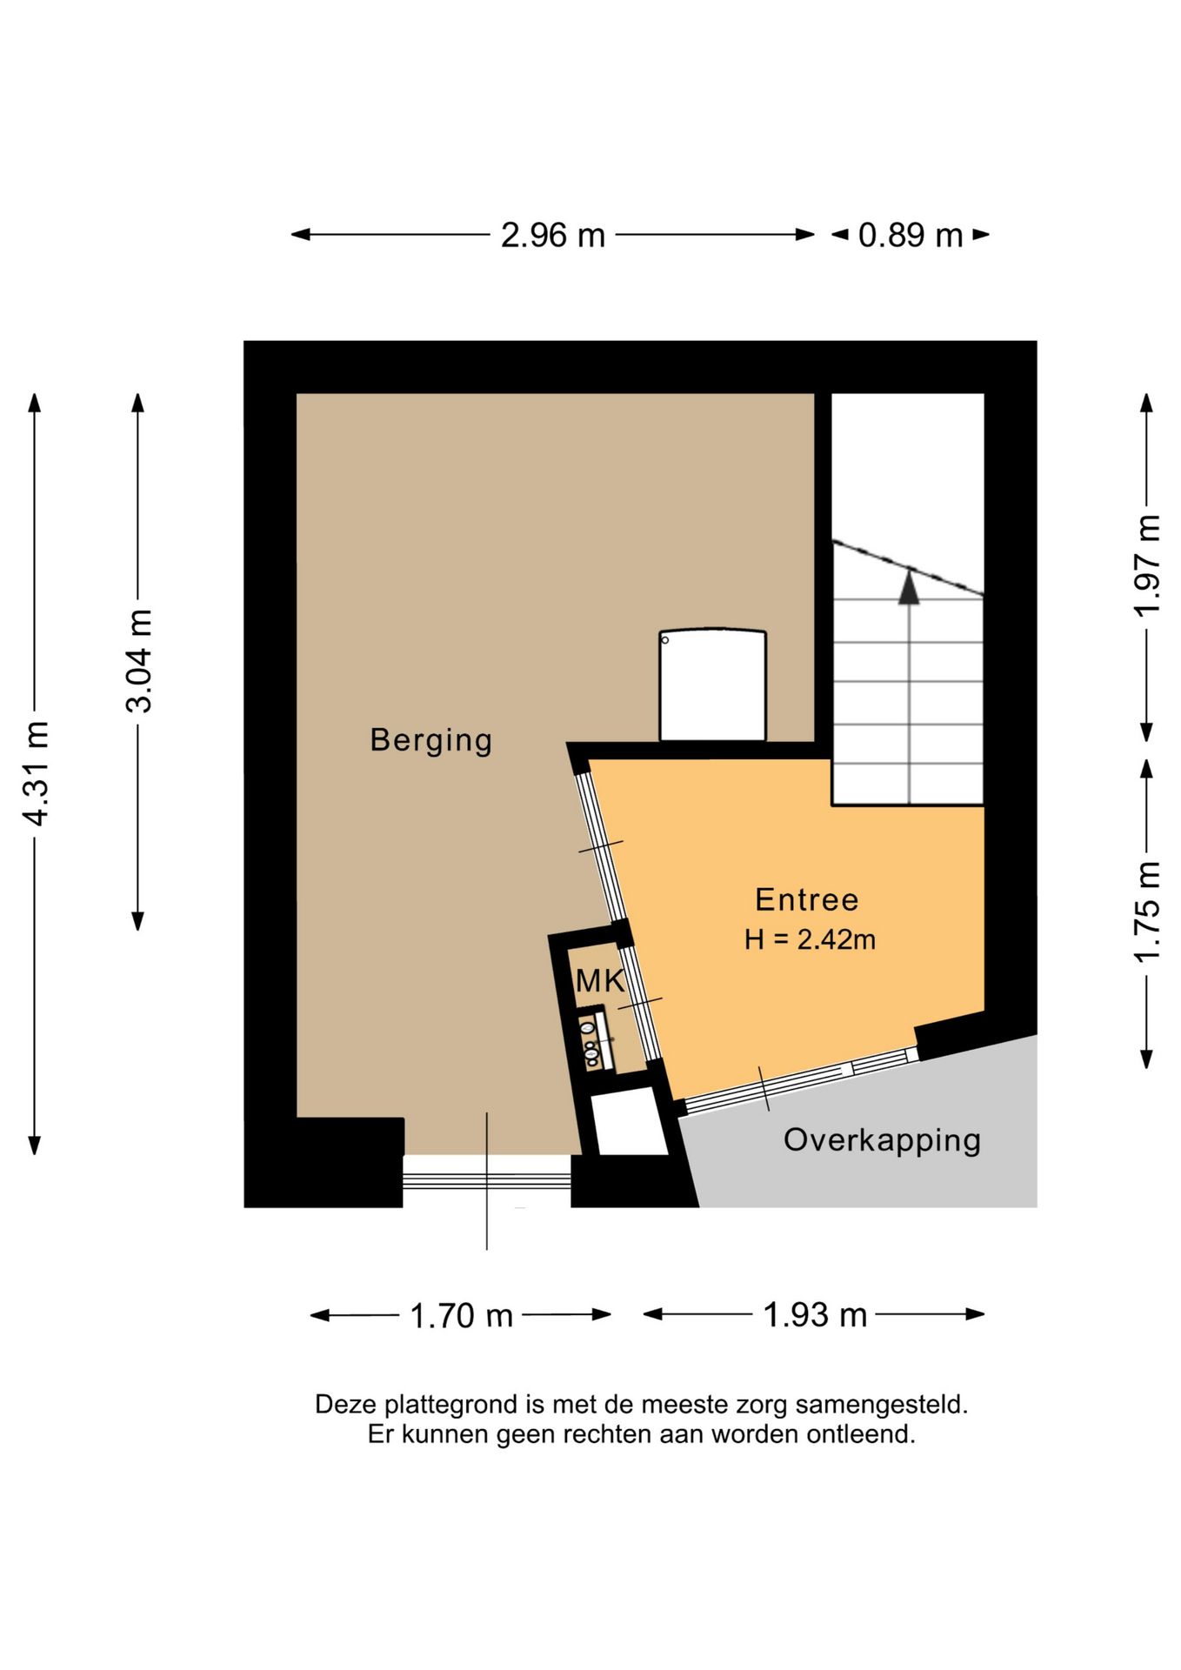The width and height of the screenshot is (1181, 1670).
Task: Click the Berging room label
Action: (x=431, y=740)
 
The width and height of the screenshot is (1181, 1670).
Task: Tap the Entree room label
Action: (x=807, y=899)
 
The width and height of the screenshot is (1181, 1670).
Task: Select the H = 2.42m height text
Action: (x=810, y=939)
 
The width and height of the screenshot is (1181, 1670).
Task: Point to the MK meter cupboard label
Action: (x=600, y=981)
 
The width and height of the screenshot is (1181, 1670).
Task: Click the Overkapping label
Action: (x=882, y=1140)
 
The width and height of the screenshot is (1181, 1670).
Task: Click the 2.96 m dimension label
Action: (x=552, y=235)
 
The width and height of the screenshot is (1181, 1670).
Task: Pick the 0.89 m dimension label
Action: (x=911, y=235)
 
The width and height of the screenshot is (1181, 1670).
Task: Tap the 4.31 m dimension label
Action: (x=37, y=773)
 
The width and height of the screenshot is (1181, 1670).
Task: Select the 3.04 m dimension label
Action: (x=139, y=661)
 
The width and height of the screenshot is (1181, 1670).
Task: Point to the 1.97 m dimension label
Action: (x=1147, y=565)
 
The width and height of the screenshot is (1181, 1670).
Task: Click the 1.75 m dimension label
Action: (x=1147, y=912)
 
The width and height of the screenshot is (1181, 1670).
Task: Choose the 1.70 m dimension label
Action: (x=461, y=1316)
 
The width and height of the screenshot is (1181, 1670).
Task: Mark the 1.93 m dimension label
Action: (x=815, y=1314)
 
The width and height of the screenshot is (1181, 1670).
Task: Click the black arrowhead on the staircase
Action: (x=909, y=585)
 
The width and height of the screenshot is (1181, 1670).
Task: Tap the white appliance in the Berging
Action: (x=713, y=685)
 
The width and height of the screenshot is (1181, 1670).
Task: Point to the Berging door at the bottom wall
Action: (x=487, y=1178)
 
